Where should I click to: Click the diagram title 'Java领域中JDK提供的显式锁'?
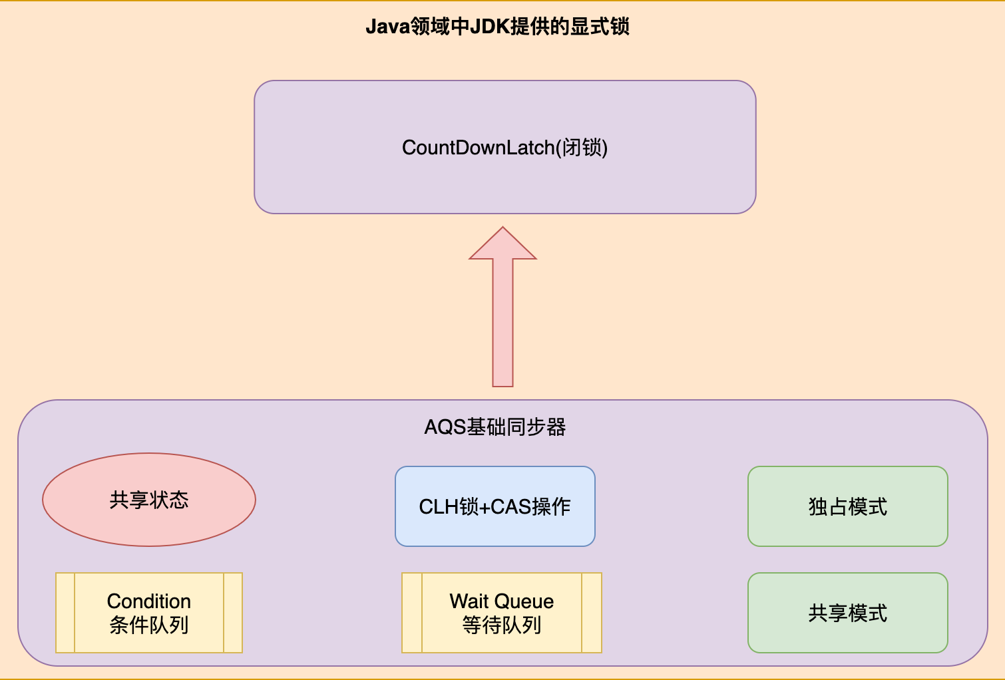497,27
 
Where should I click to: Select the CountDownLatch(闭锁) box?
504,147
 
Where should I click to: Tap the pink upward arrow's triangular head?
503,245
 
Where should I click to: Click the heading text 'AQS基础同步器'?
495,426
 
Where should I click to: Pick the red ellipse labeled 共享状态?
149,500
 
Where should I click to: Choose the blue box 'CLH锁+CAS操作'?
495,506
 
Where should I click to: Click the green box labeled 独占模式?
847,506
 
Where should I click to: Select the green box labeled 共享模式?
847,613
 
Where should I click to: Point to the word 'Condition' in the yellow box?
149,601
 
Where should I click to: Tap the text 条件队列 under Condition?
149,625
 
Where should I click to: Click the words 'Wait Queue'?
501,601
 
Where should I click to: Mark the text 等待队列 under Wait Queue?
501,625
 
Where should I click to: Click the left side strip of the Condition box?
65,613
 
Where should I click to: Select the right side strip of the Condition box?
233,613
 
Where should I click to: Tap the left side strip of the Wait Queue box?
412,613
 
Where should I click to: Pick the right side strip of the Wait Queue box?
592,613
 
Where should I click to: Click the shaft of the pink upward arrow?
503,323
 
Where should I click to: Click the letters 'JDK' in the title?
490,27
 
